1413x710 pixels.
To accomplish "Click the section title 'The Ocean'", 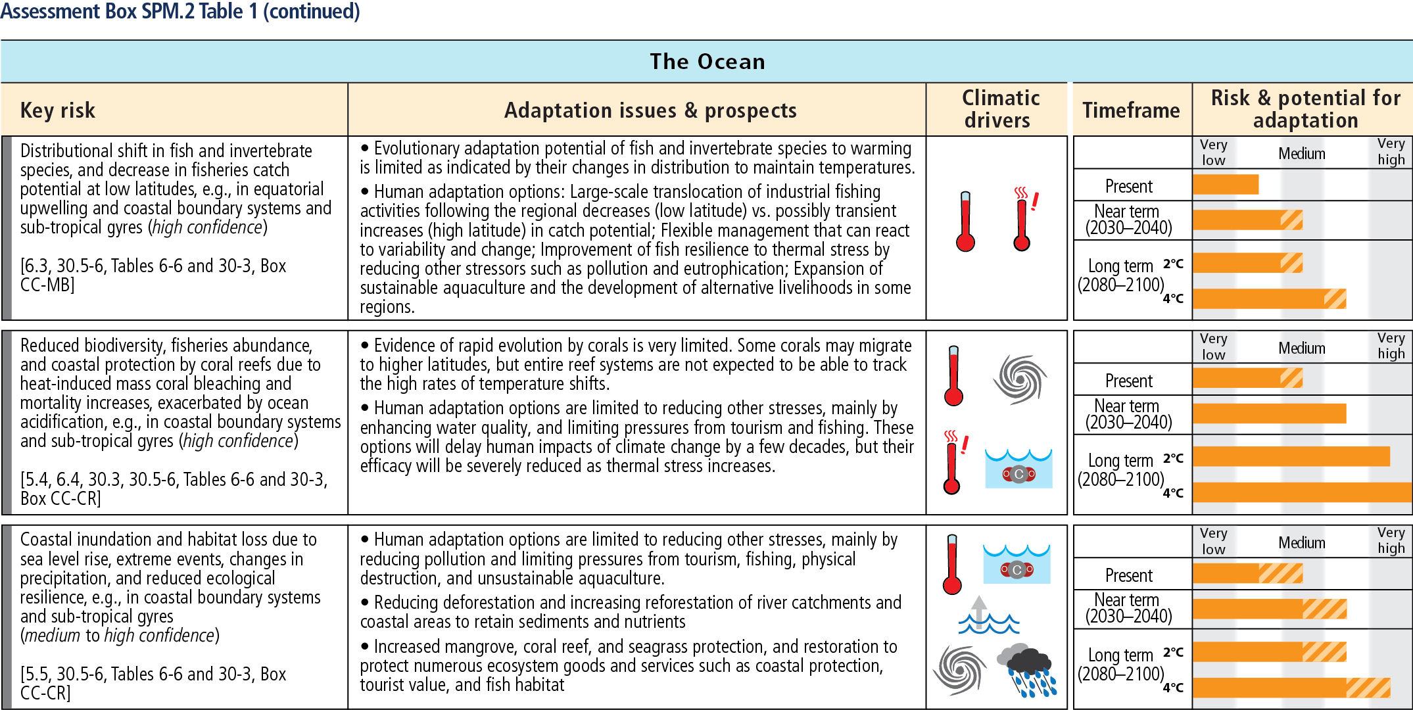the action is pos(707,62).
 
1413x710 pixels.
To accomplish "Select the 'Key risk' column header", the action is pos(58,110).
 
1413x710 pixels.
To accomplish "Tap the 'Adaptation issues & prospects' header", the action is pos(650,110).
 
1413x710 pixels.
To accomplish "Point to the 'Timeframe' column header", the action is pos(1131,110).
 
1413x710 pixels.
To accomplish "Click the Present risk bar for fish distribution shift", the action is pos(1226,185).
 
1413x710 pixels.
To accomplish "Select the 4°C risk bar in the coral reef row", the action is pos(1303,492).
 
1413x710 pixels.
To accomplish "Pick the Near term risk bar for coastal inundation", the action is pos(1270,609).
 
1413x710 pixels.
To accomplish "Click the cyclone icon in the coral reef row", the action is pos(1020,379).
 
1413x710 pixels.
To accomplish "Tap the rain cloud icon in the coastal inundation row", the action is pos(1027,670).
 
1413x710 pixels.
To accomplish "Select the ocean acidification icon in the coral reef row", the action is pos(1018,469).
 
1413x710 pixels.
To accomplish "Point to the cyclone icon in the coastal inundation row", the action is pos(960,670).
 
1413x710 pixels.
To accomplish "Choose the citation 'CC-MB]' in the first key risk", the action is pos(47,285).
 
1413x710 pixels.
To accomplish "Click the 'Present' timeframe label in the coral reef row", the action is pos(1129,381).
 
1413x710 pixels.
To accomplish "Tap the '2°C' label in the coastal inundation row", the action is pos(1173,652).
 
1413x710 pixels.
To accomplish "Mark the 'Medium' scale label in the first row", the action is pos(1302,154).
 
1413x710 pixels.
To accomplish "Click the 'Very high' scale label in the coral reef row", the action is pos(1391,346).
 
